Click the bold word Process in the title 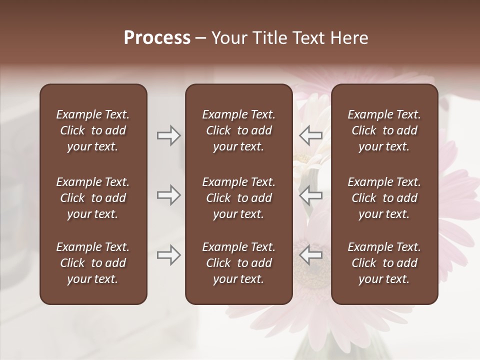pyautogui.click(x=157, y=38)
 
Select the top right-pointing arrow pyautogui.click(x=168, y=135)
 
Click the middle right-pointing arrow pyautogui.click(x=168, y=195)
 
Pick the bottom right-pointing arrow pyautogui.click(x=168, y=255)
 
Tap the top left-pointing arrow pyautogui.click(x=310, y=135)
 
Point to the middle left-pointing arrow pyautogui.click(x=310, y=195)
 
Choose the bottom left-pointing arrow pyautogui.click(x=310, y=255)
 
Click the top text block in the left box pyautogui.click(x=93, y=130)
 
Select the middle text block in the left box pyautogui.click(x=93, y=198)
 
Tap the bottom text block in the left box pyautogui.click(x=93, y=263)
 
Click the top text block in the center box pyautogui.click(x=238, y=130)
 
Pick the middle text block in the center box pyautogui.click(x=238, y=198)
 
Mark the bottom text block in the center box pyautogui.click(x=238, y=263)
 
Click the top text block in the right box pyautogui.click(x=384, y=130)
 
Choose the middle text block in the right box pyautogui.click(x=384, y=198)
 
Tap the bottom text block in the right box pyautogui.click(x=384, y=263)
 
